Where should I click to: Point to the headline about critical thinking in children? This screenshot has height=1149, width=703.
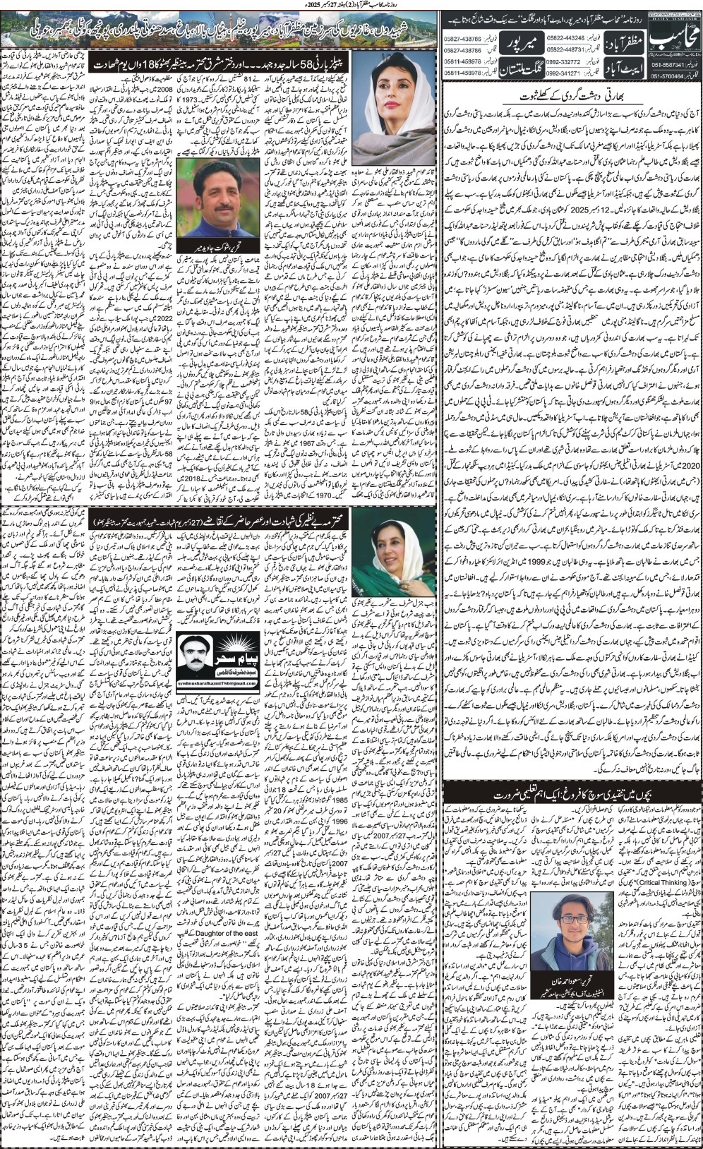[x=572, y=795]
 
